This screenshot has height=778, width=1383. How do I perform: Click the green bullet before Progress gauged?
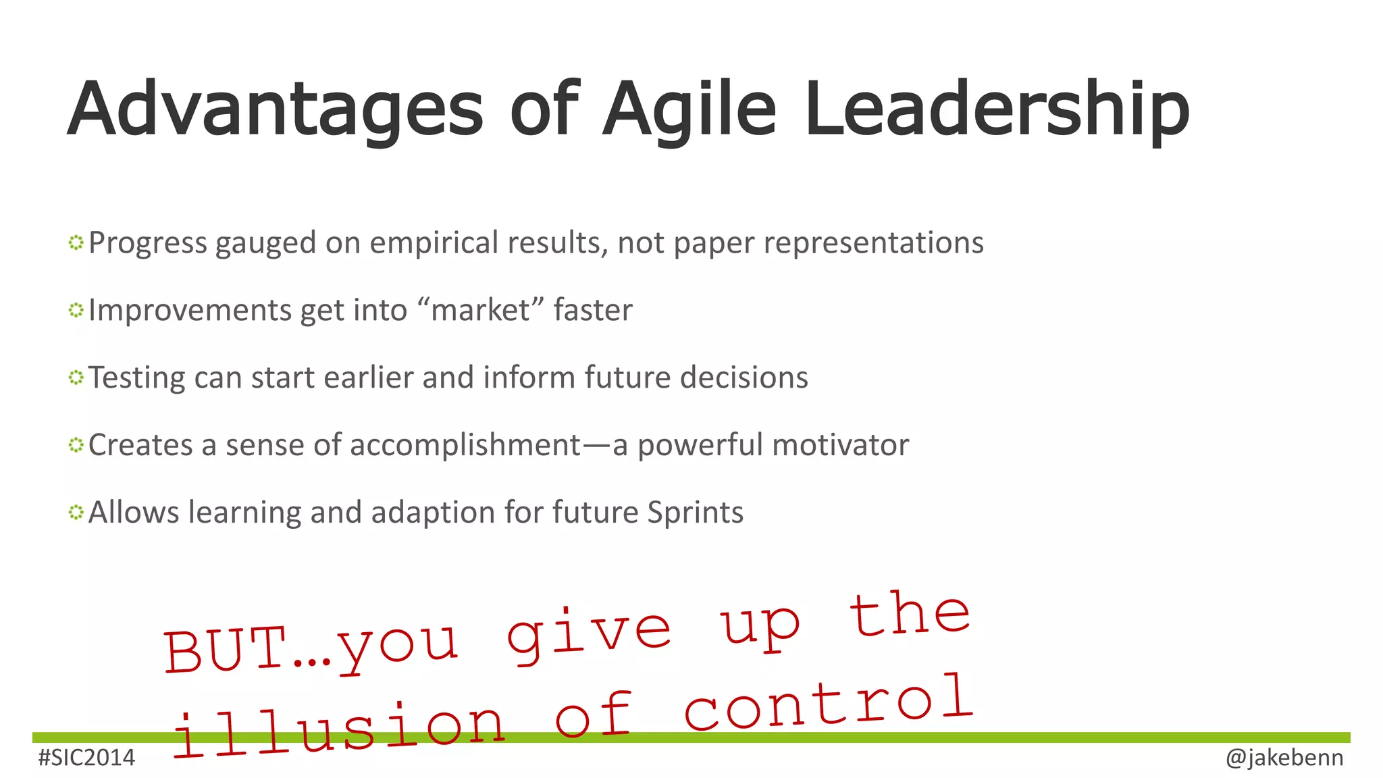click(x=76, y=242)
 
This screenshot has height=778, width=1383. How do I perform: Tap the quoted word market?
click(x=481, y=311)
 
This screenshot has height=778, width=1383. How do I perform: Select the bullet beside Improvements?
click(x=76, y=310)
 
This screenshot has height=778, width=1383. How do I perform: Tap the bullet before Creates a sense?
click(x=76, y=445)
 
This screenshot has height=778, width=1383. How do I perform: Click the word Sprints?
click(x=695, y=513)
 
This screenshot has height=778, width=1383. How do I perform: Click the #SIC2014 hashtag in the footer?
click(x=87, y=758)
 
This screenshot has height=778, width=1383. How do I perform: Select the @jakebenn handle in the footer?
click(x=1284, y=758)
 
